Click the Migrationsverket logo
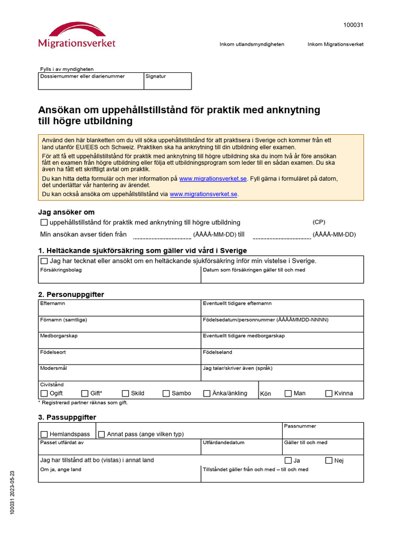pyautogui.click(x=76, y=35)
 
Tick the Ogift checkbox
pyautogui.click(x=44, y=393)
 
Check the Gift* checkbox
pyautogui.click(x=85, y=393)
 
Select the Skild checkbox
pyautogui.click(x=126, y=393)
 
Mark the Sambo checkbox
pyautogui.click(x=166, y=393)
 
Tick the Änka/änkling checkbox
pyautogui.click(x=207, y=393)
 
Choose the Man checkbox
pyautogui.click(x=288, y=393)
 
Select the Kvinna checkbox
pyautogui.click(x=329, y=393)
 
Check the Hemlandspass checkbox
pyautogui.click(x=44, y=434)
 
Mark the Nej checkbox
pyautogui.click(x=329, y=460)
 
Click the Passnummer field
pyautogui.click(x=322, y=433)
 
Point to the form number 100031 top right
pyautogui.click(x=353, y=25)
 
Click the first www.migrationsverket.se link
pyautogui.click(x=213, y=179)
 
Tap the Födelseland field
pyautogui.click(x=283, y=359)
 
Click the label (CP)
pyautogui.click(x=319, y=222)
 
